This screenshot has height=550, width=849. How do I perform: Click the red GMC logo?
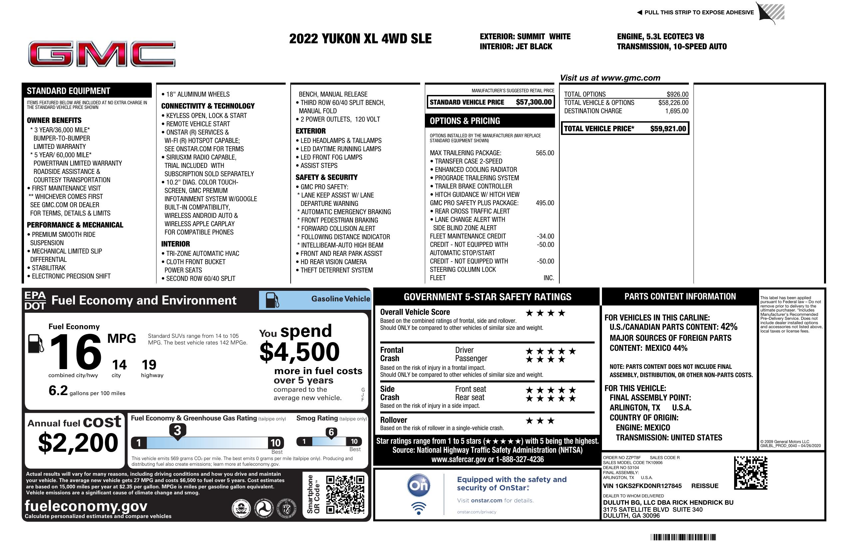coord(102,54)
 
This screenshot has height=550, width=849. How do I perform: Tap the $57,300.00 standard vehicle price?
coord(533,102)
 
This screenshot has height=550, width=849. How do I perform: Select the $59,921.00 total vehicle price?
coord(668,129)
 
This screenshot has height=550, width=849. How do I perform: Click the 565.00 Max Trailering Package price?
coord(545,153)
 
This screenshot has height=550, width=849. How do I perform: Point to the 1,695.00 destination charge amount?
coord(676,111)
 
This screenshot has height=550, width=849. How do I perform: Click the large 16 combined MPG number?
coord(76,352)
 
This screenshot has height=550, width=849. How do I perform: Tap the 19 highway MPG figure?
coord(149,365)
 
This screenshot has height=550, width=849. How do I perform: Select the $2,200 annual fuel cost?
coord(78,443)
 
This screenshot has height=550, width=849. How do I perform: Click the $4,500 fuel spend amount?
coord(299,352)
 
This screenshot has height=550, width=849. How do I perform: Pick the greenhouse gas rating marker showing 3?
coord(177,431)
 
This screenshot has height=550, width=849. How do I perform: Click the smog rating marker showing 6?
coord(331,432)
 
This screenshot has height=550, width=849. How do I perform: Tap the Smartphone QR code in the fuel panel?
coord(345,494)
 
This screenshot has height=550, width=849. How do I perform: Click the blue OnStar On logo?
coord(419,485)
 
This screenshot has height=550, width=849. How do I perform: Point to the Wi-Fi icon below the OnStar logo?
coord(419,508)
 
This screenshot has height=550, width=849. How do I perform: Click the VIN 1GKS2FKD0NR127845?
coord(642,486)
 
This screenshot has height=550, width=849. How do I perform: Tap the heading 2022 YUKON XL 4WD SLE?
coord(360,39)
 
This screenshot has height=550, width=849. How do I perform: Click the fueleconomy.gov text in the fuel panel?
coord(86,506)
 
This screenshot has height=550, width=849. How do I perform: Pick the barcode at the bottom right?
coord(683,537)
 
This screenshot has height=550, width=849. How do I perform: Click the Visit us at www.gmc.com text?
coord(610,78)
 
